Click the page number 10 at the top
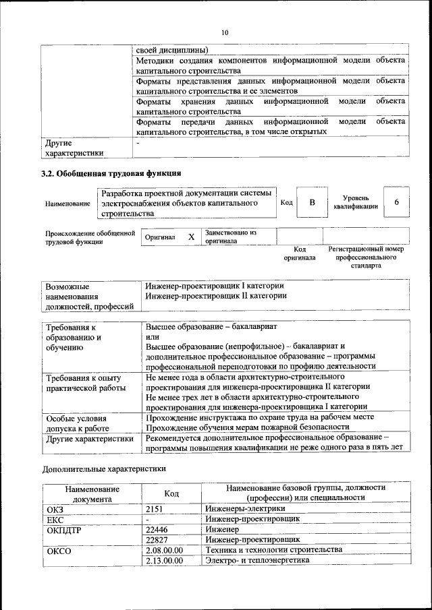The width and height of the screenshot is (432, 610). [x=225, y=32]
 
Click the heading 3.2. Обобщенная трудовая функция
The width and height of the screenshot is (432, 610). [x=111, y=173]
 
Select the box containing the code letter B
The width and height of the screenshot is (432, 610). [x=312, y=203]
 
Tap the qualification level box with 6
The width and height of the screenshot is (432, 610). [x=396, y=203]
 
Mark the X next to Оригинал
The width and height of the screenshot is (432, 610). [x=191, y=237]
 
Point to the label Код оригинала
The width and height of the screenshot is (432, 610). [x=300, y=253]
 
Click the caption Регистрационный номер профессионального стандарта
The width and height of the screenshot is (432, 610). [x=366, y=257]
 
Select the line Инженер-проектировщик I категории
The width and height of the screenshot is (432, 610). [x=215, y=286]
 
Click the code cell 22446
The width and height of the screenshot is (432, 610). [x=157, y=530]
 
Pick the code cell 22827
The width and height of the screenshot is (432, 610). [x=157, y=540]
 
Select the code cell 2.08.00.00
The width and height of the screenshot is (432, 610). [x=164, y=550]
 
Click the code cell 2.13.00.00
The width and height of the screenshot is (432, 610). [x=164, y=561]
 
